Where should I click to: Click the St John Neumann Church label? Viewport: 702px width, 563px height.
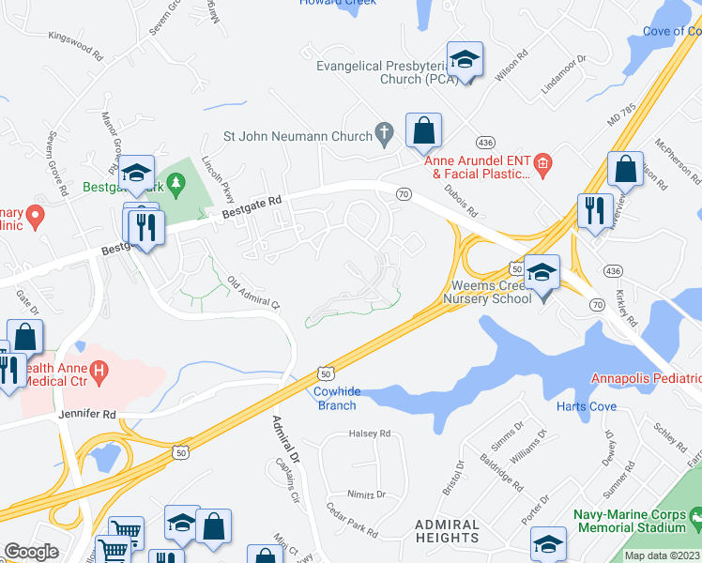(298, 136)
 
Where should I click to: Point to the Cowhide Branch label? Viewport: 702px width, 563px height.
(335, 399)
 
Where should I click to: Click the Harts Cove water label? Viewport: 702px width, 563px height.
(586, 406)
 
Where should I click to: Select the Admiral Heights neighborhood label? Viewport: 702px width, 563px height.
(447, 531)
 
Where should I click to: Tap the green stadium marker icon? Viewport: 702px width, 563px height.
(695, 515)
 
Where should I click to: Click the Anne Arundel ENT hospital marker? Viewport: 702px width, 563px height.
(542, 166)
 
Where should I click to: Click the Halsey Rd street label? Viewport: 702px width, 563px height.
(369, 434)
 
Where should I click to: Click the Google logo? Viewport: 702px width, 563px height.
(31, 552)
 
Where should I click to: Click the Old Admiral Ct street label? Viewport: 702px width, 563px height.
(252, 292)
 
